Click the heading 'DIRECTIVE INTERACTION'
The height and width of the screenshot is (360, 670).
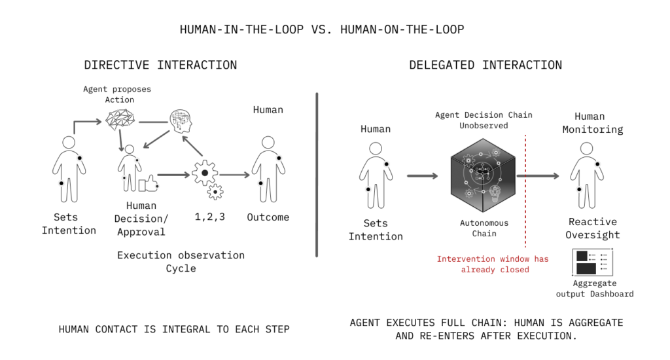(160, 65)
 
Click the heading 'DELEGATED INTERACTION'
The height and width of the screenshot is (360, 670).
(485, 65)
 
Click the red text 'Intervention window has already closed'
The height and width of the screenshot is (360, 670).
(493, 264)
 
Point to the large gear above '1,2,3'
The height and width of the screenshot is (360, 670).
(205, 173)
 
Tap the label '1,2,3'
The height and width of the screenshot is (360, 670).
(209, 217)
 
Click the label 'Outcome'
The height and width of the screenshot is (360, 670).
(268, 217)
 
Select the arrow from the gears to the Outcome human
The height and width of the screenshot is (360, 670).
(236, 175)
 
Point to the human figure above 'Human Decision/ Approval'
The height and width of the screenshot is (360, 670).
(130, 168)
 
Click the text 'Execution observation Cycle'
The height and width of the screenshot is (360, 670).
(181, 261)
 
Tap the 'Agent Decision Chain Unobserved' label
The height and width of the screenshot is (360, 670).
(484, 120)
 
